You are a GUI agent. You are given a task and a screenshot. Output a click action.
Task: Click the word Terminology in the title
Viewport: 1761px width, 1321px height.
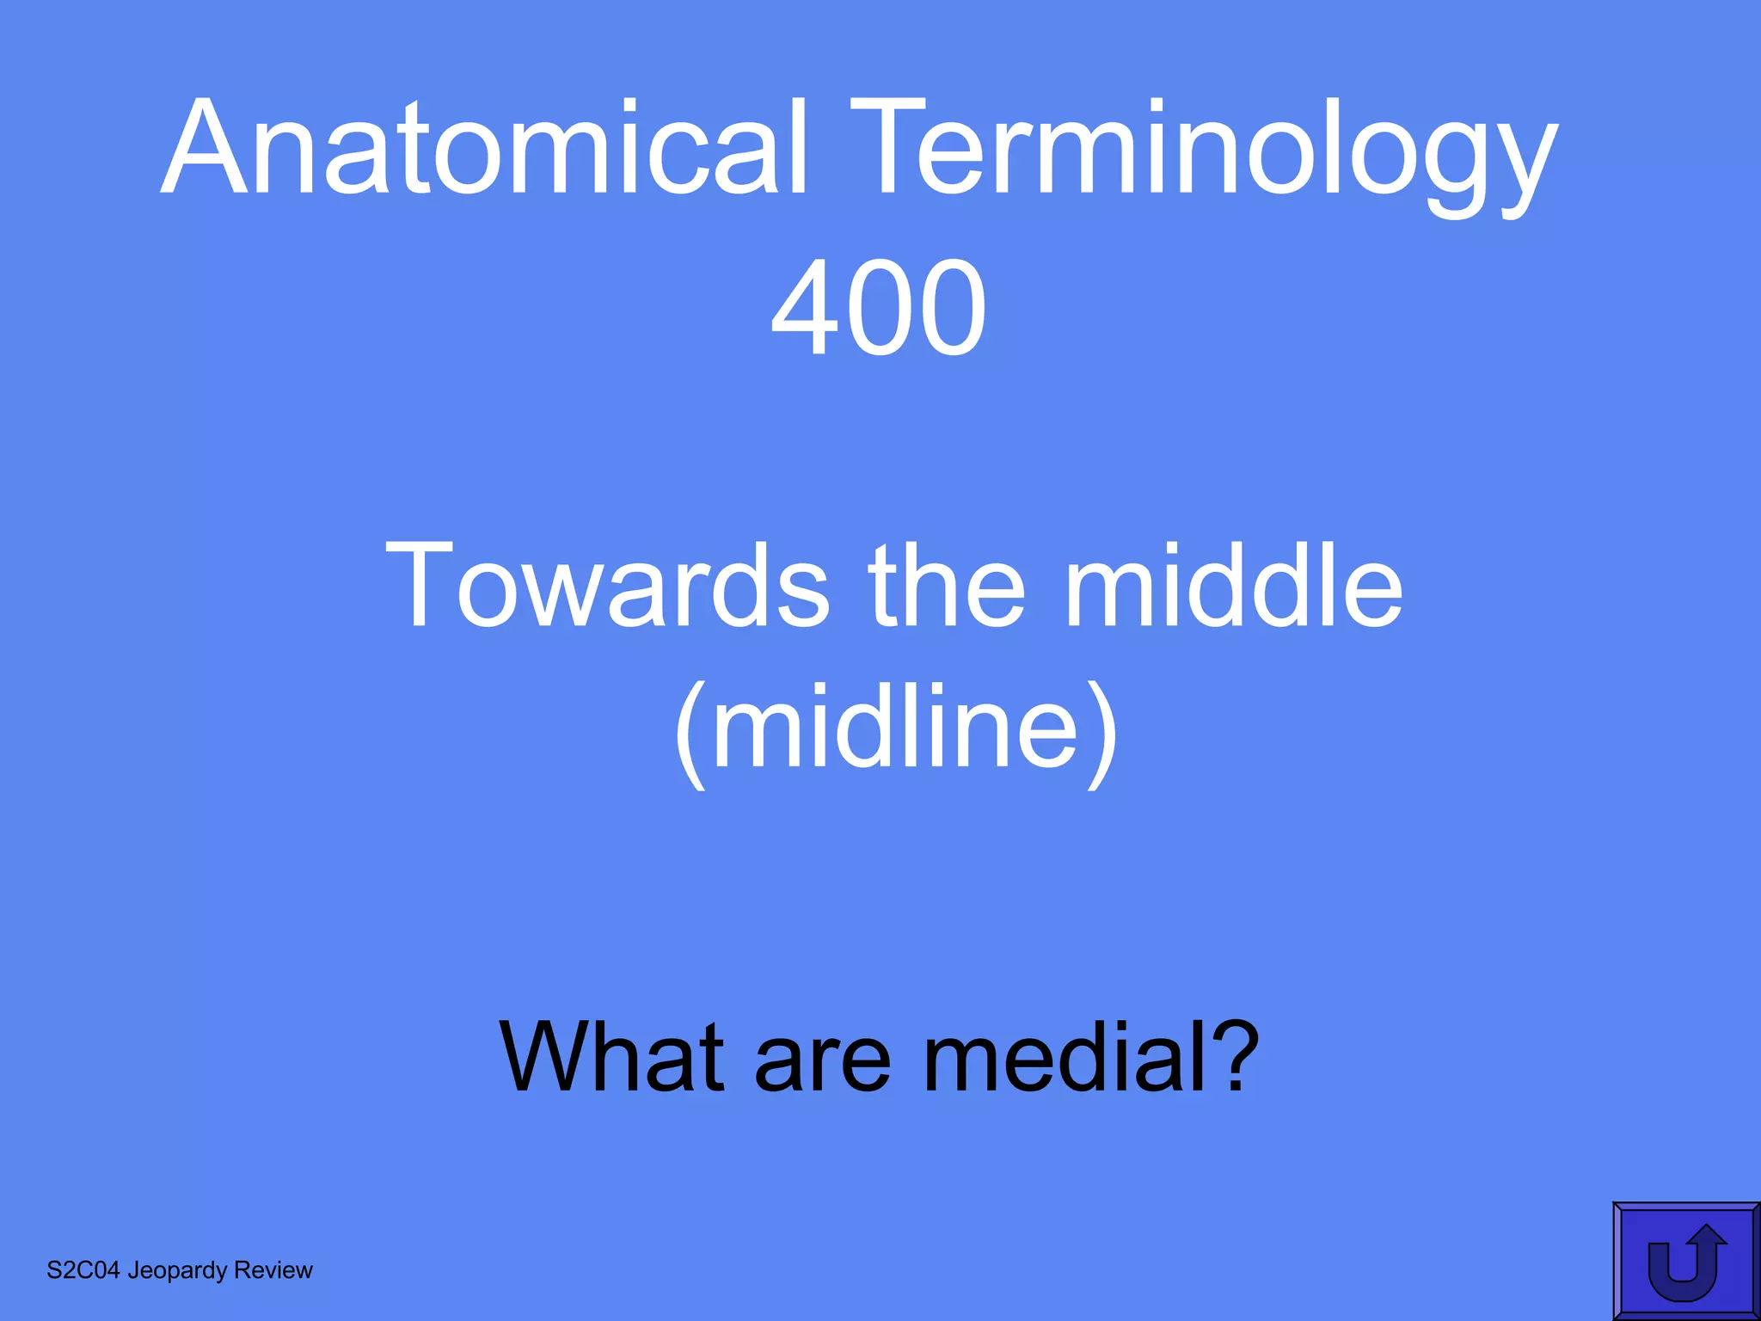pos(1203,155)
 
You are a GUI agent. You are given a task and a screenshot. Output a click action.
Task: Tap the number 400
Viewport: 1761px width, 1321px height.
pos(878,308)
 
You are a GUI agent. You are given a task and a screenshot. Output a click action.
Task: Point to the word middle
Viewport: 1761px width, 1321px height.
pos(1234,587)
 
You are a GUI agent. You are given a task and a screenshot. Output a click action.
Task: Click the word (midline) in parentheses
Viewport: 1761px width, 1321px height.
pos(896,729)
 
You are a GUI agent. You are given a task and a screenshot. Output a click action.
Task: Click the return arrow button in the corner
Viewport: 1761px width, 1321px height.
pos(1686,1261)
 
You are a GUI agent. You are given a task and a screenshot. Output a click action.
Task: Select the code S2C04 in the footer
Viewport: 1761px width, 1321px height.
pos(83,1270)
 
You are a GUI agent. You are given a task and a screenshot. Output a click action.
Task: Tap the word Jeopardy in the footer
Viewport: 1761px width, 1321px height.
pos(177,1271)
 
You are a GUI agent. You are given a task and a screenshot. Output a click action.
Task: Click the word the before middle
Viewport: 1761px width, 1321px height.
pos(948,587)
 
